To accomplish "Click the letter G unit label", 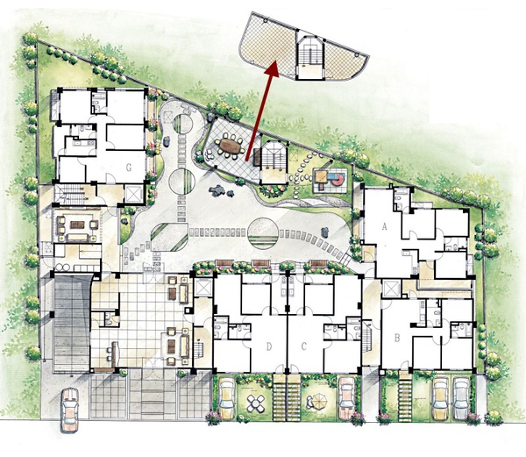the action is click(x=129, y=167).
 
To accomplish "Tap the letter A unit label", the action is click(x=385, y=227).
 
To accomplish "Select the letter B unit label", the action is click(x=397, y=338).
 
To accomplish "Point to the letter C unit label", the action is click(x=304, y=346).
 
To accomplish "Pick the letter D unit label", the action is click(x=269, y=346).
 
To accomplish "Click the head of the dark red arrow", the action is click(x=273, y=68).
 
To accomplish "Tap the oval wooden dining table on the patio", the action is click(x=230, y=146).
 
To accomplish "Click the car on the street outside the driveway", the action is click(x=70, y=410).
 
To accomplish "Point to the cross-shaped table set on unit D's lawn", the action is click(x=256, y=403).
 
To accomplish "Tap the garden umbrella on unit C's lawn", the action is click(x=318, y=401).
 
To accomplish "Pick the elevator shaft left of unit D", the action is click(x=203, y=288).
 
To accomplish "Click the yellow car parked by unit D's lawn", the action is click(x=226, y=397).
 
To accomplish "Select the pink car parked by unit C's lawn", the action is click(x=346, y=398).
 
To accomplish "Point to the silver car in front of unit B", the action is click(x=461, y=398).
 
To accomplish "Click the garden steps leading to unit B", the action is click(x=405, y=396).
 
